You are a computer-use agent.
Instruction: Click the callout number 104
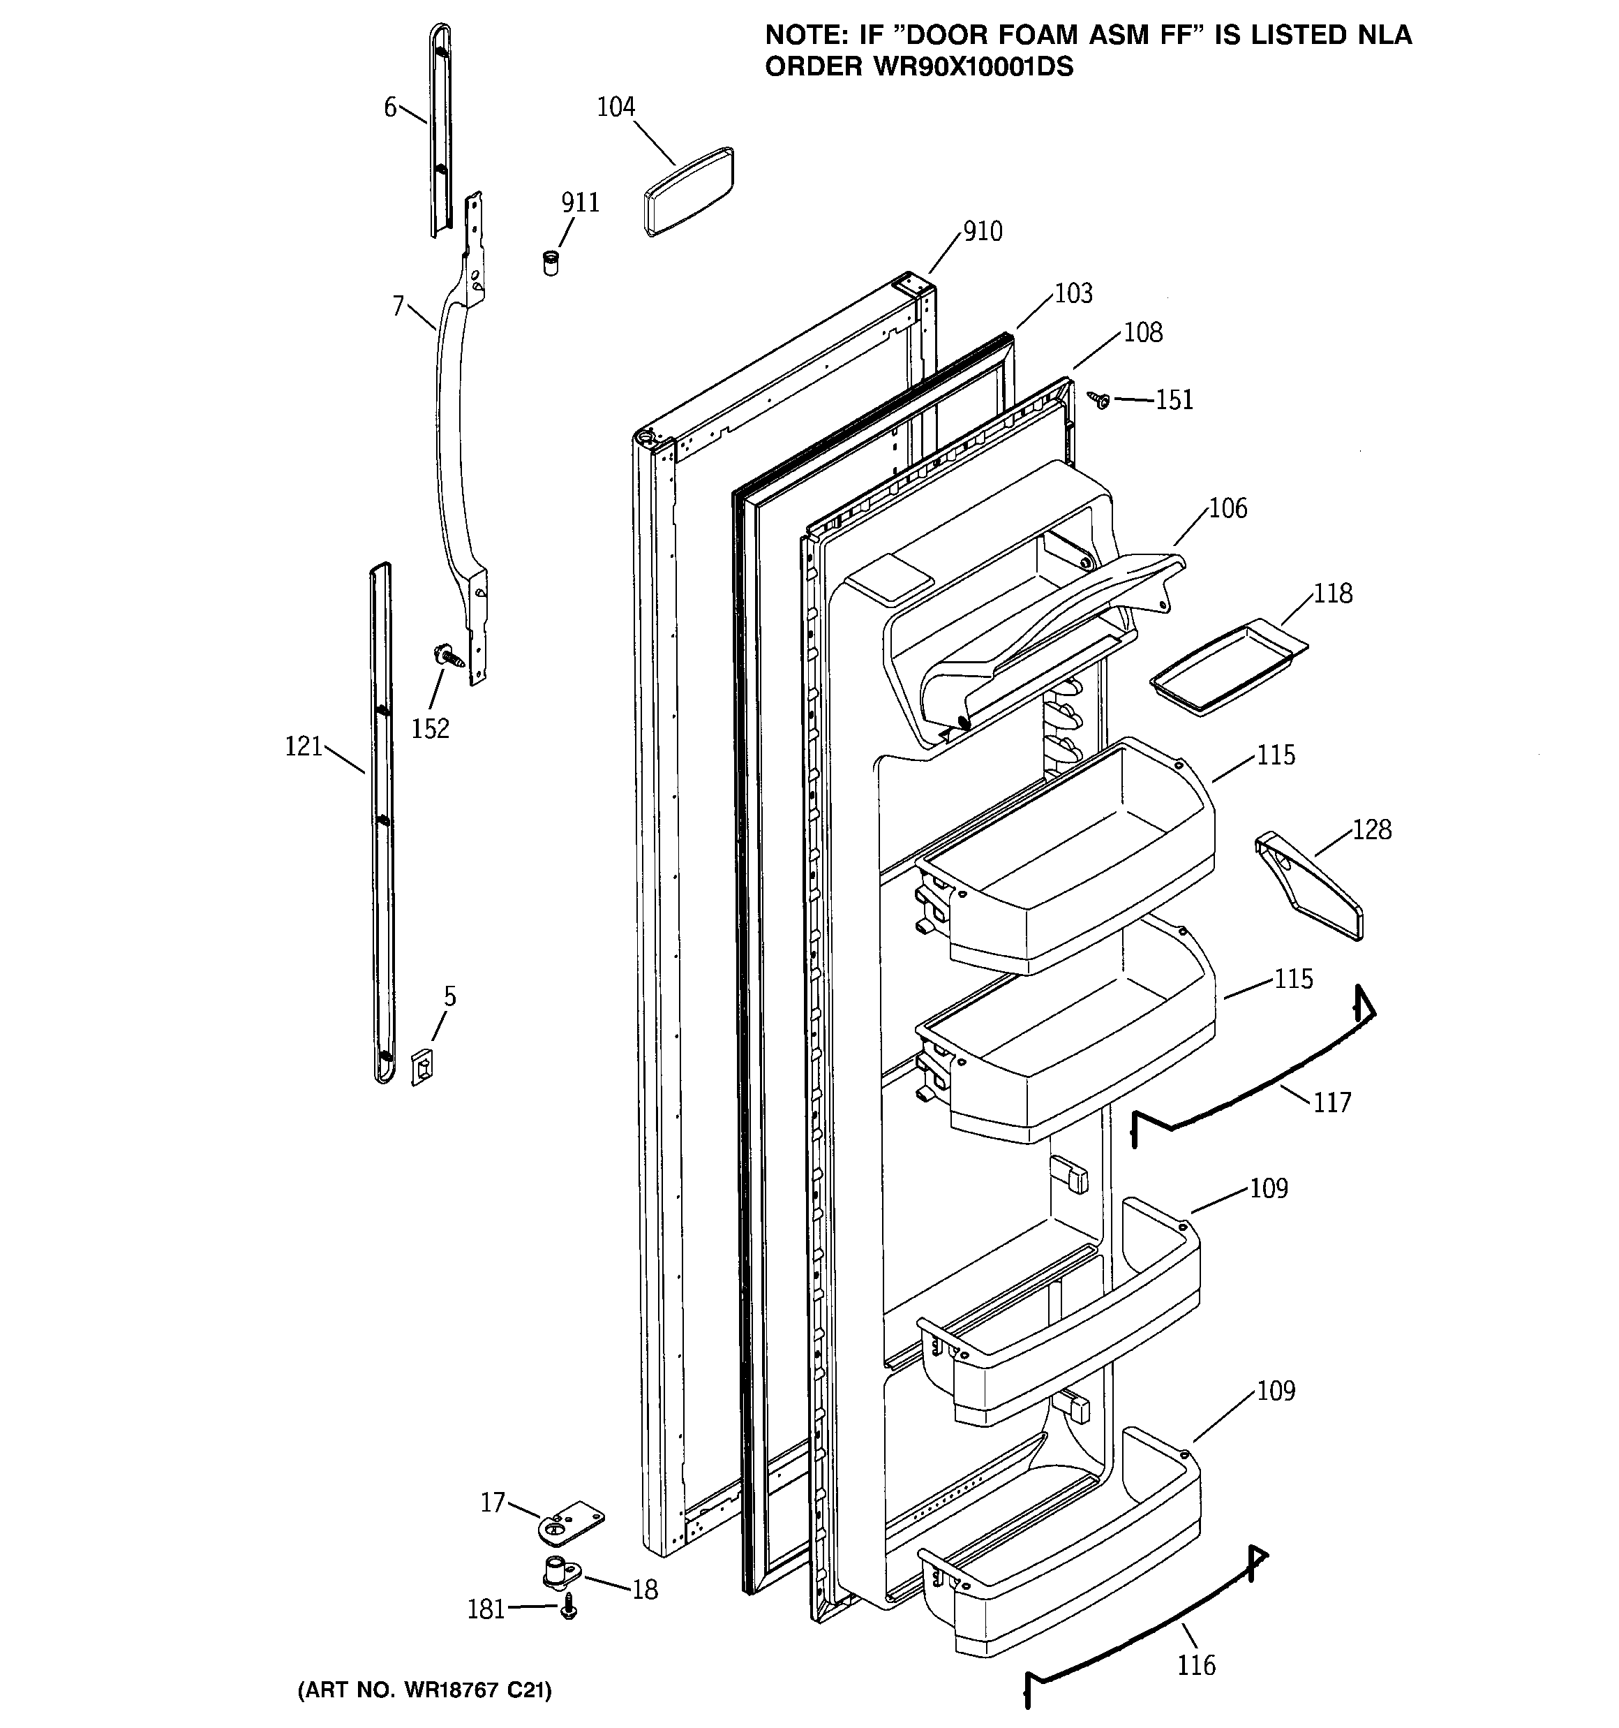615,107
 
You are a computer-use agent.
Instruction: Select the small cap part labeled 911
550,262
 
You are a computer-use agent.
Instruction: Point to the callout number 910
982,231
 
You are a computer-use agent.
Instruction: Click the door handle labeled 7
452,452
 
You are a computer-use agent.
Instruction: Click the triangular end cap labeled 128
1311,887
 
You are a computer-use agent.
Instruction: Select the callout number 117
1331,1103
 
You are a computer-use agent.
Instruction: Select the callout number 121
304,746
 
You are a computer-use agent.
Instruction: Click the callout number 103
1073,294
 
